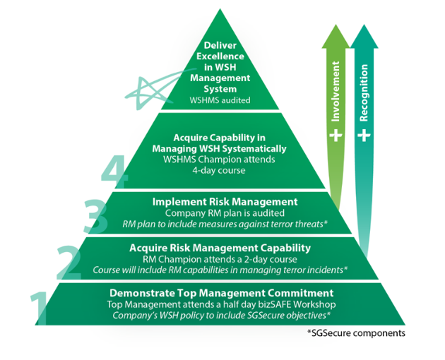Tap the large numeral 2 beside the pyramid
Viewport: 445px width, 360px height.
[x=69, y=262]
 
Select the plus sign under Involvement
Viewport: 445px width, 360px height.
[x=337, y=133]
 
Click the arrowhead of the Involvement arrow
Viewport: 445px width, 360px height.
[x=337, y=34]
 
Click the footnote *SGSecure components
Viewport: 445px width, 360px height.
[x=357, y=332]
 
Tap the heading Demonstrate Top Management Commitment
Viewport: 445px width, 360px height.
[x=220, y=292]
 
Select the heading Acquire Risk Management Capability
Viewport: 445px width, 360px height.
[x=220, y=248]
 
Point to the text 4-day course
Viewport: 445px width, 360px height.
[x=220, y=170]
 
